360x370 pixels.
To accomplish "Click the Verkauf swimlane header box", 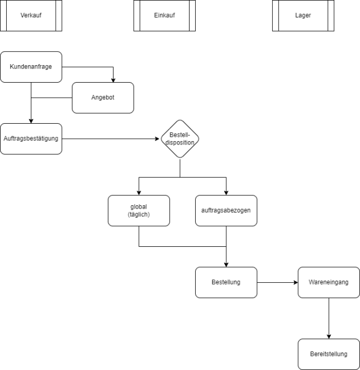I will point(31,15).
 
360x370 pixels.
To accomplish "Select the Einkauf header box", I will point(164,15).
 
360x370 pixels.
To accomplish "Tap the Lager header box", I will point(303,15).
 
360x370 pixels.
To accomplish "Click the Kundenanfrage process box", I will point(31,67).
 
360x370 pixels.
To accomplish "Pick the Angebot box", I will point(103,98).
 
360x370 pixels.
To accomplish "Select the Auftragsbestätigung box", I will point(31,138).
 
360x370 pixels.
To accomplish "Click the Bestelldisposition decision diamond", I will point(180,138).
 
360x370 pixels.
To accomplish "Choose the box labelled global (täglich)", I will point(138,210).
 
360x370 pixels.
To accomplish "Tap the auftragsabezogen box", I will point(226,210).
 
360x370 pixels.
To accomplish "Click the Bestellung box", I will point(226,282).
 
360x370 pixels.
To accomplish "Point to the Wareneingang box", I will point(328,282).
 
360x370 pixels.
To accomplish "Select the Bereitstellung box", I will point(328,354).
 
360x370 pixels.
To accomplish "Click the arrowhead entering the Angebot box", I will point(114,79).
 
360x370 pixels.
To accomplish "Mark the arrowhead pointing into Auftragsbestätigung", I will point(31,120).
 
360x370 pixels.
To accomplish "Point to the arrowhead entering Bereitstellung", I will point(328,336).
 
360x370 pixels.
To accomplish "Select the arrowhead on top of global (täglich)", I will point(138,192).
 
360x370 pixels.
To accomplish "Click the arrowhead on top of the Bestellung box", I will point(226,264).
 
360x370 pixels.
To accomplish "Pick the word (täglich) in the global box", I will point(138,215).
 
